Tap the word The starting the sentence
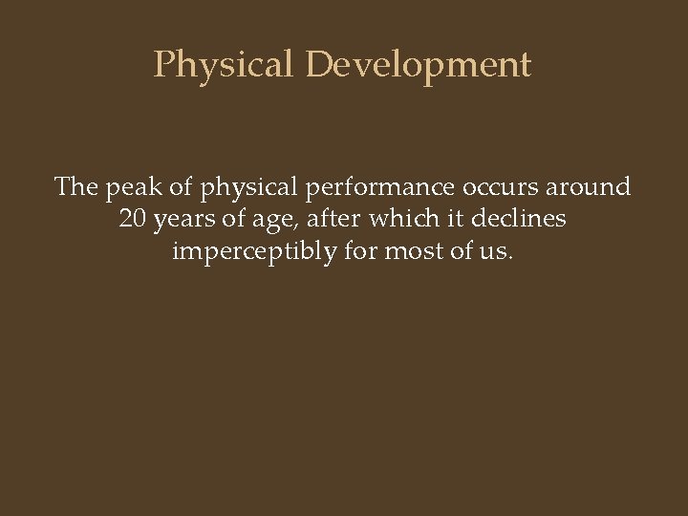76,186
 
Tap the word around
582,187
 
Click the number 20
135,219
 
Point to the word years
187,220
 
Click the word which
403,219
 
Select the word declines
522,219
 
